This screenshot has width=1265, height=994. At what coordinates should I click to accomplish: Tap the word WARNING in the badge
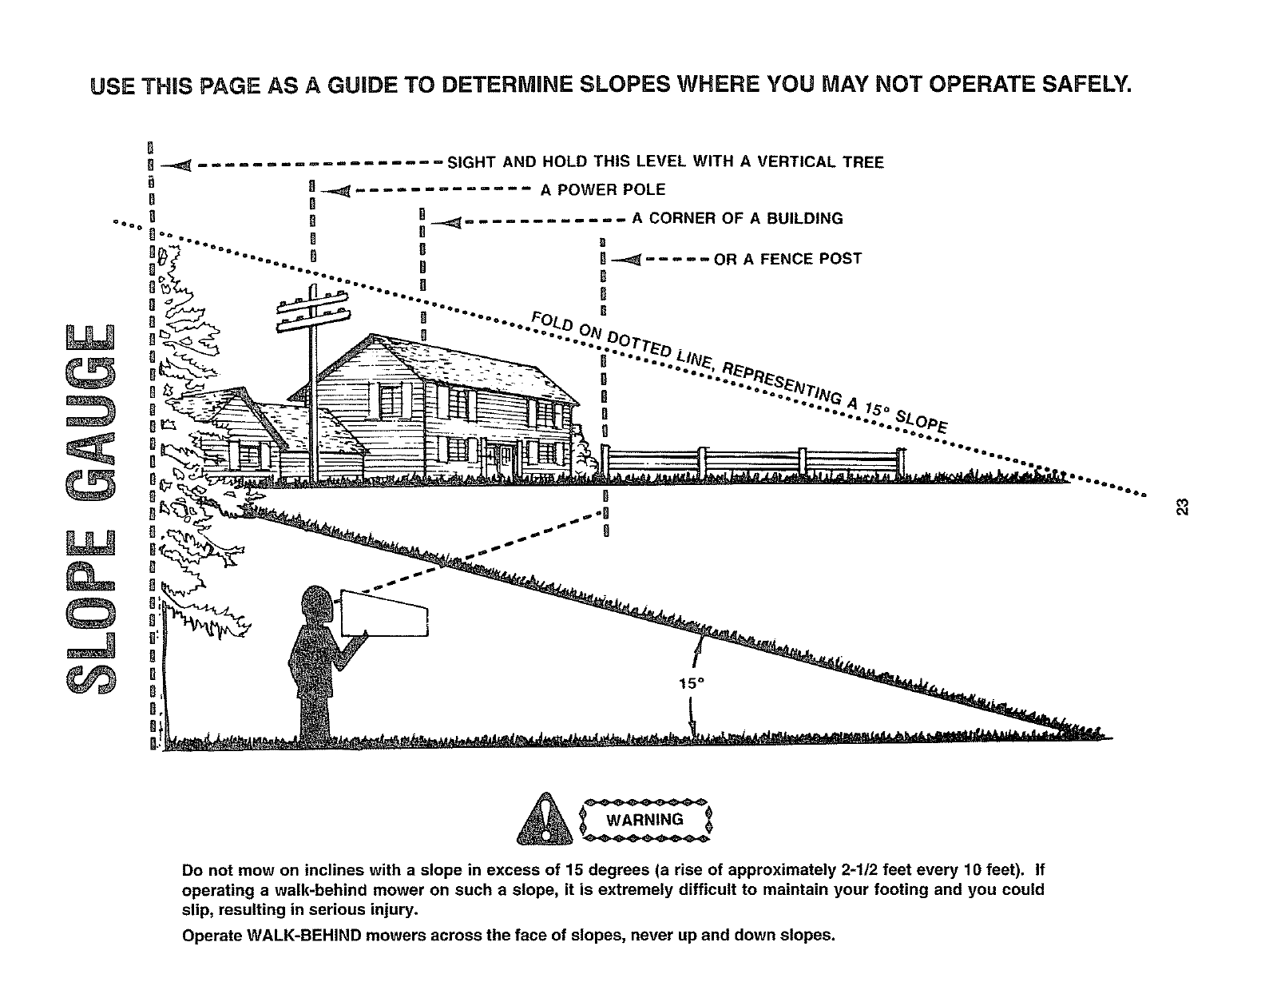click(x=644, y=820)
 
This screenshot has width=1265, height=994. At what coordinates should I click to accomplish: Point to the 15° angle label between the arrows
click(x=688, y=684)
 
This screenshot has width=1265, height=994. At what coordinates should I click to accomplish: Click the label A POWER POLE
click(x=602, y=190)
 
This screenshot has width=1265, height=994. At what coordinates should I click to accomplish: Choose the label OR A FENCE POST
click(x=787, y=259)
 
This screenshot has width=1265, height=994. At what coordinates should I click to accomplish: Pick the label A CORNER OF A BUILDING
click(x=737, y=218)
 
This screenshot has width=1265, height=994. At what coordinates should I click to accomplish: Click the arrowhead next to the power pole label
click(x=336, y=190)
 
